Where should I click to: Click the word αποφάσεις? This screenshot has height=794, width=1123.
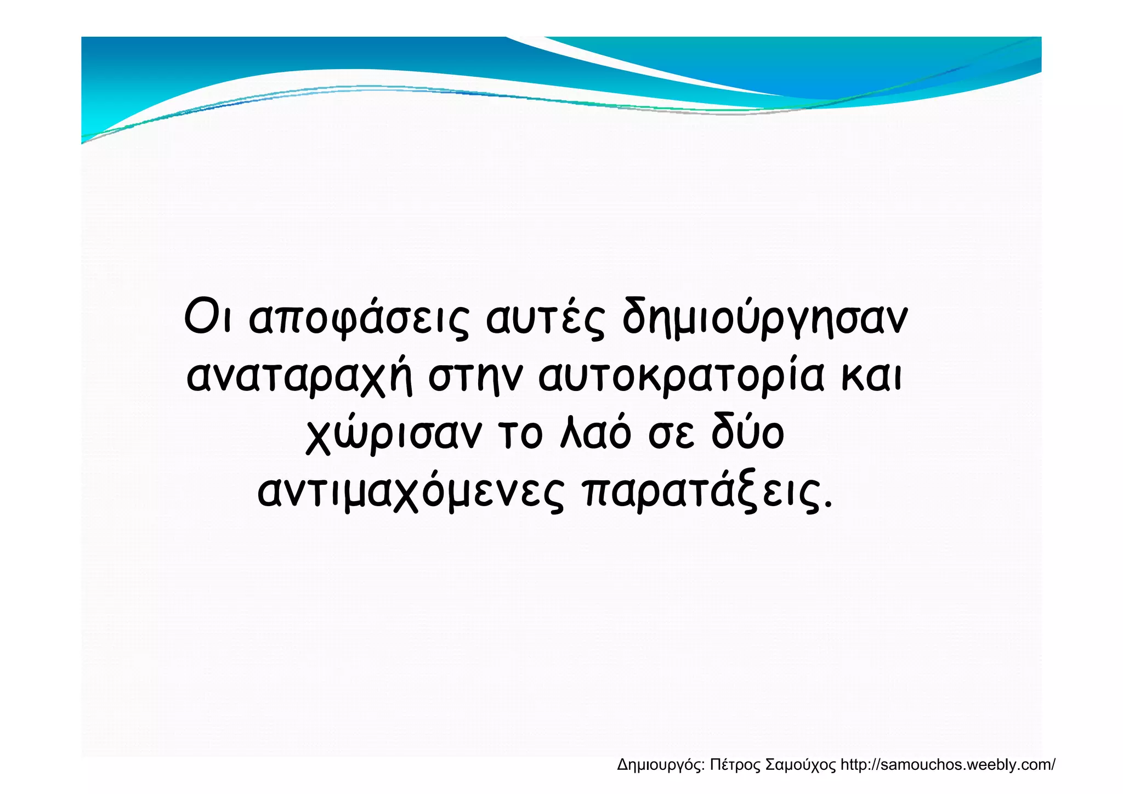(x=359, y=319)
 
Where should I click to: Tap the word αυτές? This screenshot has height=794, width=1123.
(x=546, y=319)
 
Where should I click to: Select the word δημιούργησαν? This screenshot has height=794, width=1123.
(x=764, y=319)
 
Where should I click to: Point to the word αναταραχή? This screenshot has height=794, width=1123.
(x=299, y=377)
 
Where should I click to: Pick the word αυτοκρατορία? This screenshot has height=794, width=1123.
(x=680, y=377)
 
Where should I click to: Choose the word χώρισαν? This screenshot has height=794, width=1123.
(x=394, y=434)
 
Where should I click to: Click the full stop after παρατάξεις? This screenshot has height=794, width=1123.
(x=828, y=503)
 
